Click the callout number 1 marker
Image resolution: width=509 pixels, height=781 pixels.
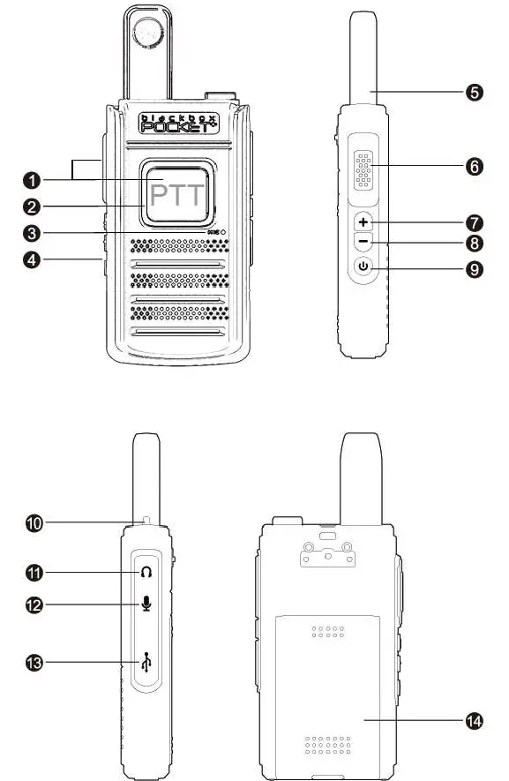coord(31,179)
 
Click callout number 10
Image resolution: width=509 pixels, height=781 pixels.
coord(34,523)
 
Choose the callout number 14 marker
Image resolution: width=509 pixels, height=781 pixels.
coord(474,721)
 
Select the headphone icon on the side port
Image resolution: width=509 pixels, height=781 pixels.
coord(146,572)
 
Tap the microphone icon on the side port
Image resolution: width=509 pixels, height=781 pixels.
coord(146,604)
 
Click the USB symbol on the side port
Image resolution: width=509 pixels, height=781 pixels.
coord(146,662)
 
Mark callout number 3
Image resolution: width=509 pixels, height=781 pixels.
coord(31,234)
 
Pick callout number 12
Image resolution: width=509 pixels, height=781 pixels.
coord(34,605)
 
